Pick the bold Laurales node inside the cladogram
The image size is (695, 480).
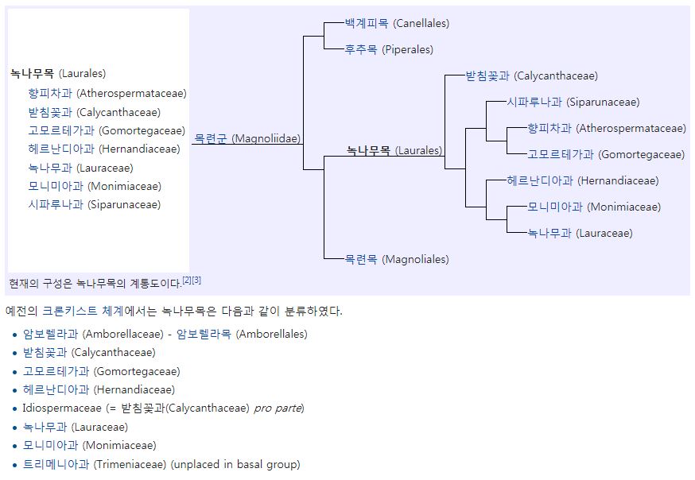coord(369,149)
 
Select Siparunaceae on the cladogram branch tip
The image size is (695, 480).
coord(534,102)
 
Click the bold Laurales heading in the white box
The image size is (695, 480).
coord(33,74)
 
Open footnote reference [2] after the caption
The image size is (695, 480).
coord(187,280)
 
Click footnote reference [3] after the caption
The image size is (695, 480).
coord(196,280)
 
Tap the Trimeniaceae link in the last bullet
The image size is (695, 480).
coord(56,464)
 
